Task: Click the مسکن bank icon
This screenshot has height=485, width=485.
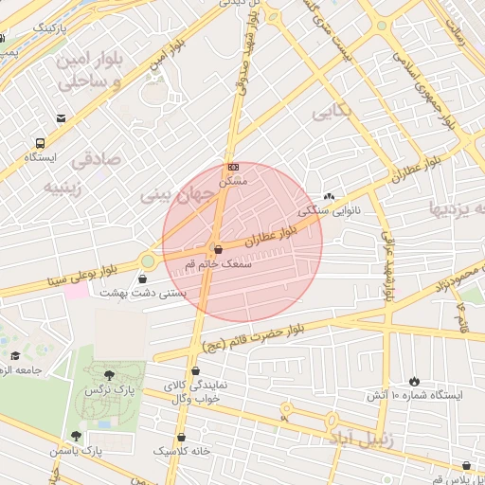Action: click(x=233, y=167)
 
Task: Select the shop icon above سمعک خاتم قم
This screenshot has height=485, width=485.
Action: click(x=218, y=250)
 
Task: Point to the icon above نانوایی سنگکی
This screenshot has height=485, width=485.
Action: click(x=328, y=197)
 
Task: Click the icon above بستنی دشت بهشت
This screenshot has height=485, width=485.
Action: click(x=142, y=279)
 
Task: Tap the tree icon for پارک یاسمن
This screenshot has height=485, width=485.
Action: click(x=76, y=436)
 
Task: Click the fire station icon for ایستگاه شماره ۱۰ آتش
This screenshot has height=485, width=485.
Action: click(x=413, y=381)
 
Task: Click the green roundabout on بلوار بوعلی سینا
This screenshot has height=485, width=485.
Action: click(x=148, y=261)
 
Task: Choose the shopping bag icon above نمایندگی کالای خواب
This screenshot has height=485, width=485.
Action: click(x=196, y=371)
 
